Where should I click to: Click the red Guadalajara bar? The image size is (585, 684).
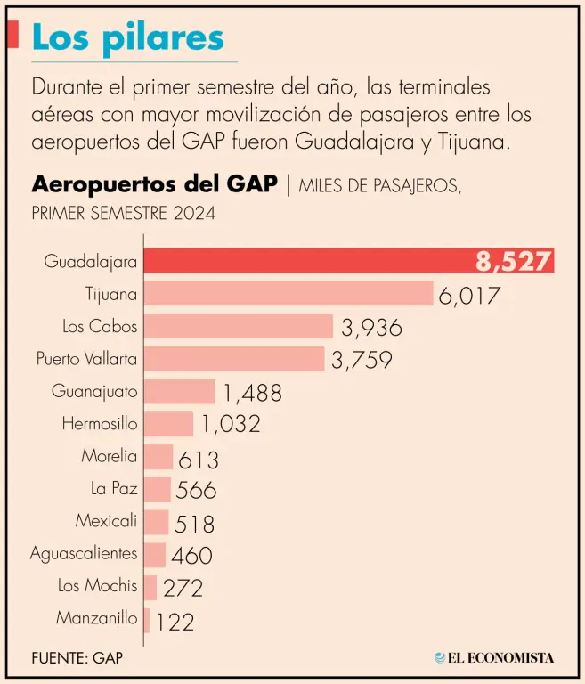coord(303,261)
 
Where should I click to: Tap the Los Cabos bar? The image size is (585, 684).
coord(239,326)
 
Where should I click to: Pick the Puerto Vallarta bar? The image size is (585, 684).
coord(234,359)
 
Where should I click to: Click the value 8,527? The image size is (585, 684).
coord(514,261)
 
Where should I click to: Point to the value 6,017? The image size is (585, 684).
coord(469,295)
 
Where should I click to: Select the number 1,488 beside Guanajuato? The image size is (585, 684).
coord(252,392)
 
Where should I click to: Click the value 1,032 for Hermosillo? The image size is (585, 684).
coord(230,424)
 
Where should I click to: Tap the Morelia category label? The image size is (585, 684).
coord(110,456)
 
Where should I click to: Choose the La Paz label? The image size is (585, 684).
coord(114,488)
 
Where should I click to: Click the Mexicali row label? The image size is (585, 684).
coord(106,520)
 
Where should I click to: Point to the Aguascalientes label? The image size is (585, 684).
coord(84,553)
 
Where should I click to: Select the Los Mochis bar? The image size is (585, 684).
coord(150,586)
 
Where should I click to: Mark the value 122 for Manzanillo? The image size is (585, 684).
coord(175,621)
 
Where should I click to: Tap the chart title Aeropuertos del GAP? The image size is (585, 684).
coord(154,184)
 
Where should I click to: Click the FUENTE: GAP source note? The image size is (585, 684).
coord(77,658)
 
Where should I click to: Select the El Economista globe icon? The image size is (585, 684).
coord(440,658)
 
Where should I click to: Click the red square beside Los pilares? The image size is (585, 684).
coord(12,35)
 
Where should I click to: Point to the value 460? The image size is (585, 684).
coord(191,556)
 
